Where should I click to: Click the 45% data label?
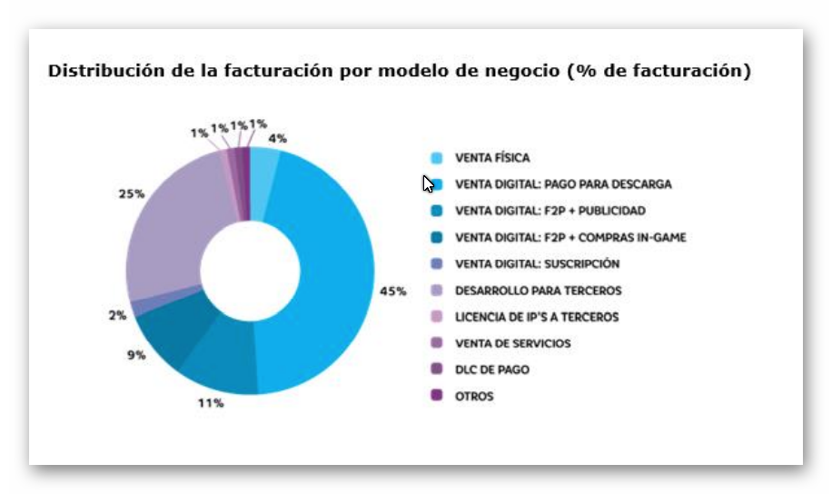393,291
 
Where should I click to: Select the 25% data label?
131,193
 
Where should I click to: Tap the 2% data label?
117,315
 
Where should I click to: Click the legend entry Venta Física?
491,158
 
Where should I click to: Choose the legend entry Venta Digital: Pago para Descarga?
563,184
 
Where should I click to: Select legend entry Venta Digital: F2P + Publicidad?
550,211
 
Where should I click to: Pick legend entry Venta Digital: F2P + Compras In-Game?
570,238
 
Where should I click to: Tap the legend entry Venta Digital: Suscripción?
537,264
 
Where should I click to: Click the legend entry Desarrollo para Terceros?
538,291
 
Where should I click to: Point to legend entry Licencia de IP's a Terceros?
536,317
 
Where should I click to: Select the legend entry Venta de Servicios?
512,343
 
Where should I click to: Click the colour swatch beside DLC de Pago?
437,370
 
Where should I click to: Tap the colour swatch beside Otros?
437,396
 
